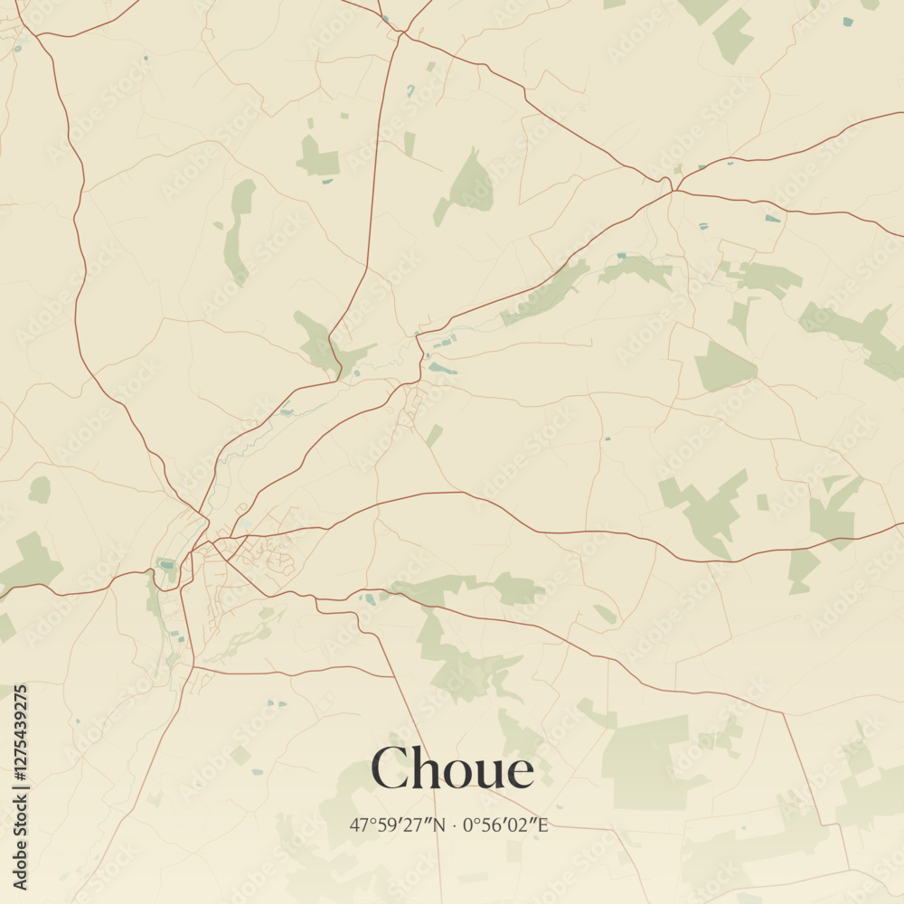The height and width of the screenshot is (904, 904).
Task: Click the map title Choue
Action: (452, 770)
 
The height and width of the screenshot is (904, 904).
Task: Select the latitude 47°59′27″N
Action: (398, 824)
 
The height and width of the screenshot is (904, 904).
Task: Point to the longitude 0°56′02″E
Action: (505, 824)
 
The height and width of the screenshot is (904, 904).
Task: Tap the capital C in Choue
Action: (390, 770)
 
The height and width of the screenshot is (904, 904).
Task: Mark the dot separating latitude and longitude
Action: (454, 825)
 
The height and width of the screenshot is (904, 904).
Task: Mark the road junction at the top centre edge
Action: (402, 33)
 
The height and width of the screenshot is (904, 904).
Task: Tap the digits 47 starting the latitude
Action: (358, 824)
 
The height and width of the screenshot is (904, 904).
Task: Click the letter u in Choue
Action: (492, 774)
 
